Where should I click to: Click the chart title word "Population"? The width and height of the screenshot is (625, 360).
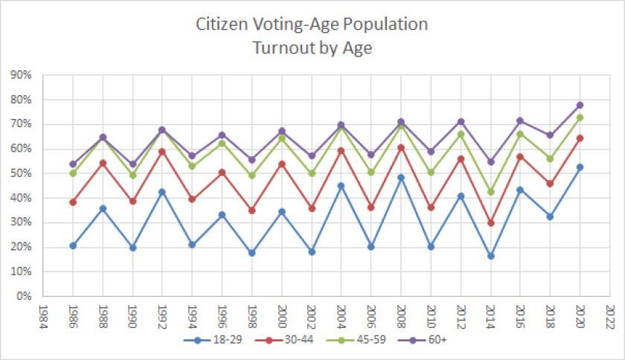[387, 25]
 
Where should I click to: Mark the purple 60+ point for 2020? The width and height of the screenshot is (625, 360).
[580, 105]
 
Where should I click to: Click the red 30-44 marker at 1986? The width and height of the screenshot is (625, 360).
[72, 202]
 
